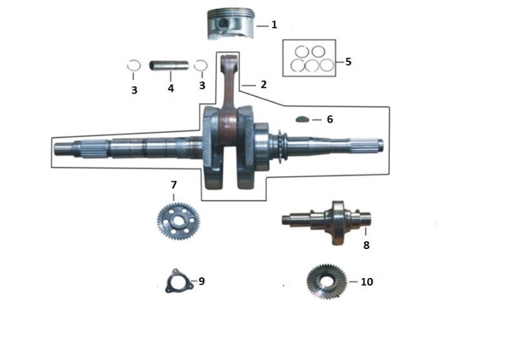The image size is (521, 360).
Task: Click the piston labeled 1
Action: pyautogui.click(x=231, y=25)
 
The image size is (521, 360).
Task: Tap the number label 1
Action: pyautogui.click(x=274, y=25)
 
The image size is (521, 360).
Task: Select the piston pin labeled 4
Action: pyautogui.click(x=169, y=65)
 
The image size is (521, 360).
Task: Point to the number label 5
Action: pyautogui.click(x=348, y=61)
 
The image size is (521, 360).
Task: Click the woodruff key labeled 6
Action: pyautogui.click(x=302, y=119)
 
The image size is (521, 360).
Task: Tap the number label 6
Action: pyautogui.click(x=329, y=119)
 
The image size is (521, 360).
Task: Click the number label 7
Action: pyautogui.click(x=174, y=185)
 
